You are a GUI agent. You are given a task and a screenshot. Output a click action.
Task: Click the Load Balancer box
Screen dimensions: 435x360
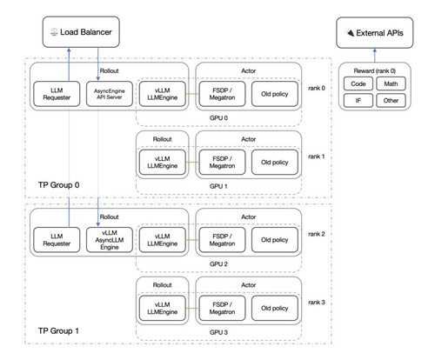coord(81,32)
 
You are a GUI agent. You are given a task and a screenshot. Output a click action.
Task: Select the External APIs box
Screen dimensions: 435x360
coord(375,33)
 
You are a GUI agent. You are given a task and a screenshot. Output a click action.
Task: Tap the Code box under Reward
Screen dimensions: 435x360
coord(358,83)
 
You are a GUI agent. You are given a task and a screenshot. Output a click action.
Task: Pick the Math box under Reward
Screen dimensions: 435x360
coord(391,83)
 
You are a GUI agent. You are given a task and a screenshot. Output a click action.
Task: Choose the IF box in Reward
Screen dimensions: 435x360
coord(358,100)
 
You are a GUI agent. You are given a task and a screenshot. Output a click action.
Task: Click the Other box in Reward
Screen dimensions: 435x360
coord(391,100)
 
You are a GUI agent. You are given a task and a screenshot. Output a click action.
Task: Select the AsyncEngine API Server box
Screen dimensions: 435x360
coord(110,94)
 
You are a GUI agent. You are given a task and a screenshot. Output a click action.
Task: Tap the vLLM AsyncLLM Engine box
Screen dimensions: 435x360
coord(110,240)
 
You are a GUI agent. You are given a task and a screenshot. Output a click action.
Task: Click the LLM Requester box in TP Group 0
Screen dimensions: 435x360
coord(57,94)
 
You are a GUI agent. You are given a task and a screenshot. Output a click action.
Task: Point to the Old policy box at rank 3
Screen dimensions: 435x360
coord(275,308)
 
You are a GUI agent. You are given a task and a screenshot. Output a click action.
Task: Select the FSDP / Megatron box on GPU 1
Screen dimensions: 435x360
coord(222,162)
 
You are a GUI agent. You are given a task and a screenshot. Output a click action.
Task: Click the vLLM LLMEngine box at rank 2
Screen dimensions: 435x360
coord(163,240)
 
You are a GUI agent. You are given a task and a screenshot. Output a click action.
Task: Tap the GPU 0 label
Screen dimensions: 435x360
coord(218,118)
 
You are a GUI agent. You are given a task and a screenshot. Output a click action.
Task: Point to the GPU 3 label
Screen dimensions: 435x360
coord(218,332)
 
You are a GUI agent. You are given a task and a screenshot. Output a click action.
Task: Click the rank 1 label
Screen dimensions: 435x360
coord(317,157)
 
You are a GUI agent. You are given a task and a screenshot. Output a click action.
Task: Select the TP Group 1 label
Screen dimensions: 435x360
coord(58,330)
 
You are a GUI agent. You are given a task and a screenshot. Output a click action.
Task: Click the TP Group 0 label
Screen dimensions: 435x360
coord(58,185)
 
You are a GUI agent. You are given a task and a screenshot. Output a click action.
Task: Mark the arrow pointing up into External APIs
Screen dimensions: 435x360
coord(375,56)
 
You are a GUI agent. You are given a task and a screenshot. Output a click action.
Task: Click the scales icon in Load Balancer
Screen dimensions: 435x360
coord(54,32)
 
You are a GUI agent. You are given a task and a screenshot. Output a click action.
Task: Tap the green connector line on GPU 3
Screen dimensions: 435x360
coord(192,308)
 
